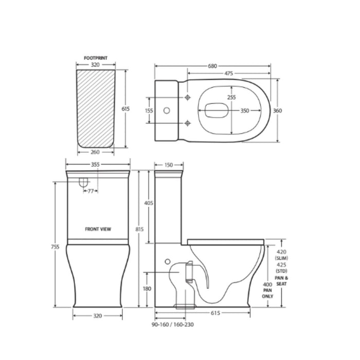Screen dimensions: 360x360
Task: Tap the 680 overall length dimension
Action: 212,66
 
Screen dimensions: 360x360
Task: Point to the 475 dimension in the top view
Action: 226,74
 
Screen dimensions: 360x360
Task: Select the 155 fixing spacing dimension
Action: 149,110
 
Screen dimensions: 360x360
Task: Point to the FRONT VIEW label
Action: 98,229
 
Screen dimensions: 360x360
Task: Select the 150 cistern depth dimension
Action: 168,165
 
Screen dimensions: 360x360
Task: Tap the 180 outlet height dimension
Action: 148,289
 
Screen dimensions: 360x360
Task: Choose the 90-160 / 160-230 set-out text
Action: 173,325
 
